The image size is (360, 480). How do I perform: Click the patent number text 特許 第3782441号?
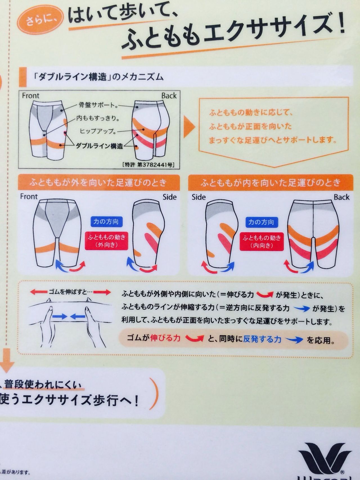[x=148, y=164]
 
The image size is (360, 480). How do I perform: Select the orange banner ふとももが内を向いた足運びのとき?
[x=270, y=183]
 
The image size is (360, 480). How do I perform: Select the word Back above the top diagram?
[x=169, y=96]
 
